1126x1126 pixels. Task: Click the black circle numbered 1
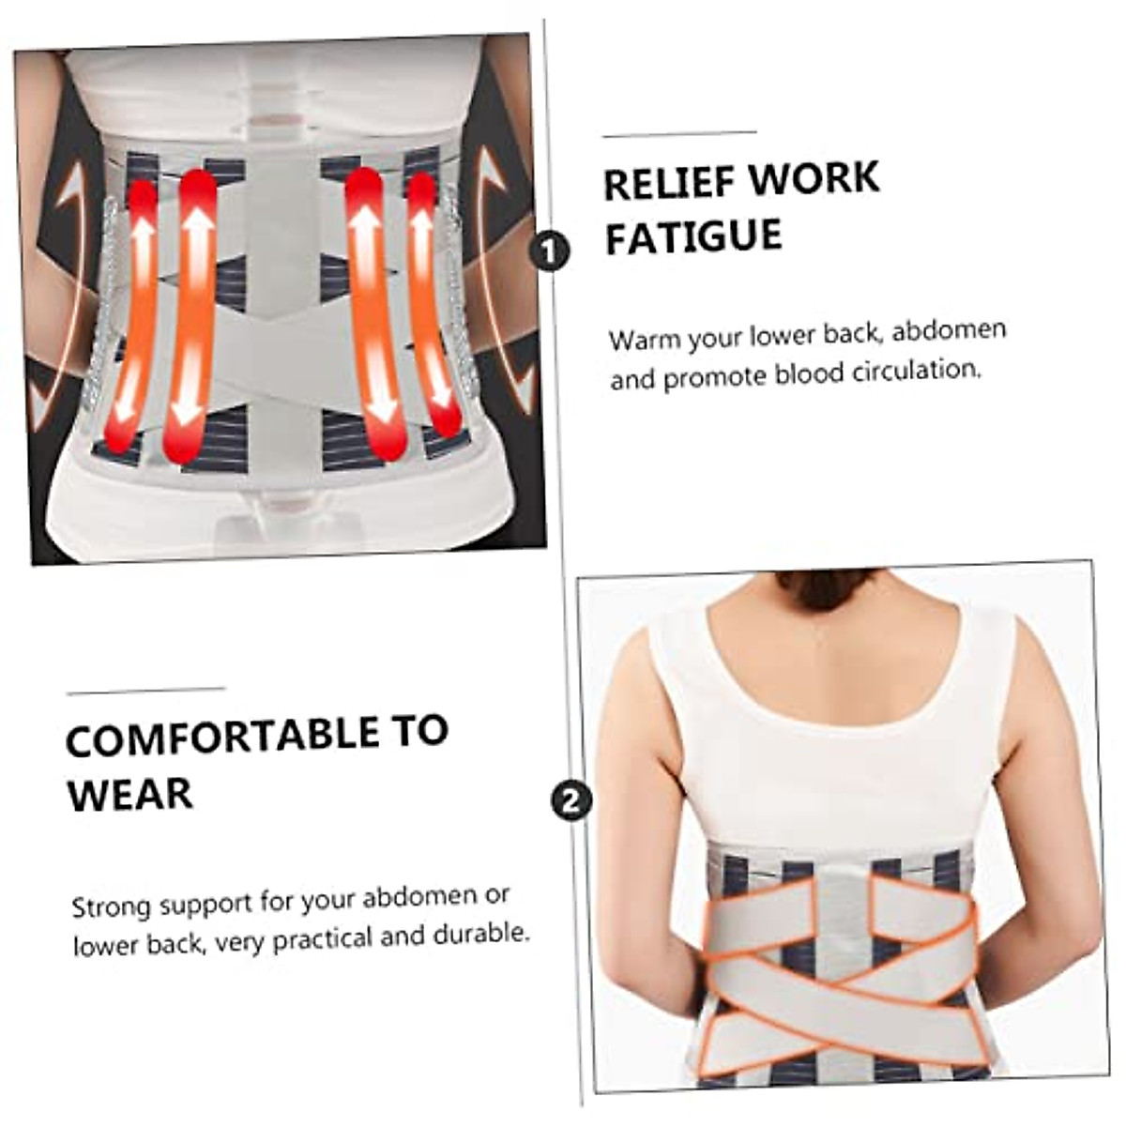pos(550,251)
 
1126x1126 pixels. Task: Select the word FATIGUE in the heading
pos(693,236)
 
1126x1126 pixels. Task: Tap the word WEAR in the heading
pos(129,795)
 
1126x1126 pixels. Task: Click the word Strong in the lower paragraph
pos(112,907)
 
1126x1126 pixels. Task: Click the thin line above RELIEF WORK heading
pos(679,134)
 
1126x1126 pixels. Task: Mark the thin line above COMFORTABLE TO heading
pos(145,692)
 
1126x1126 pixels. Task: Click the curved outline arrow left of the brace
pos(66,281)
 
